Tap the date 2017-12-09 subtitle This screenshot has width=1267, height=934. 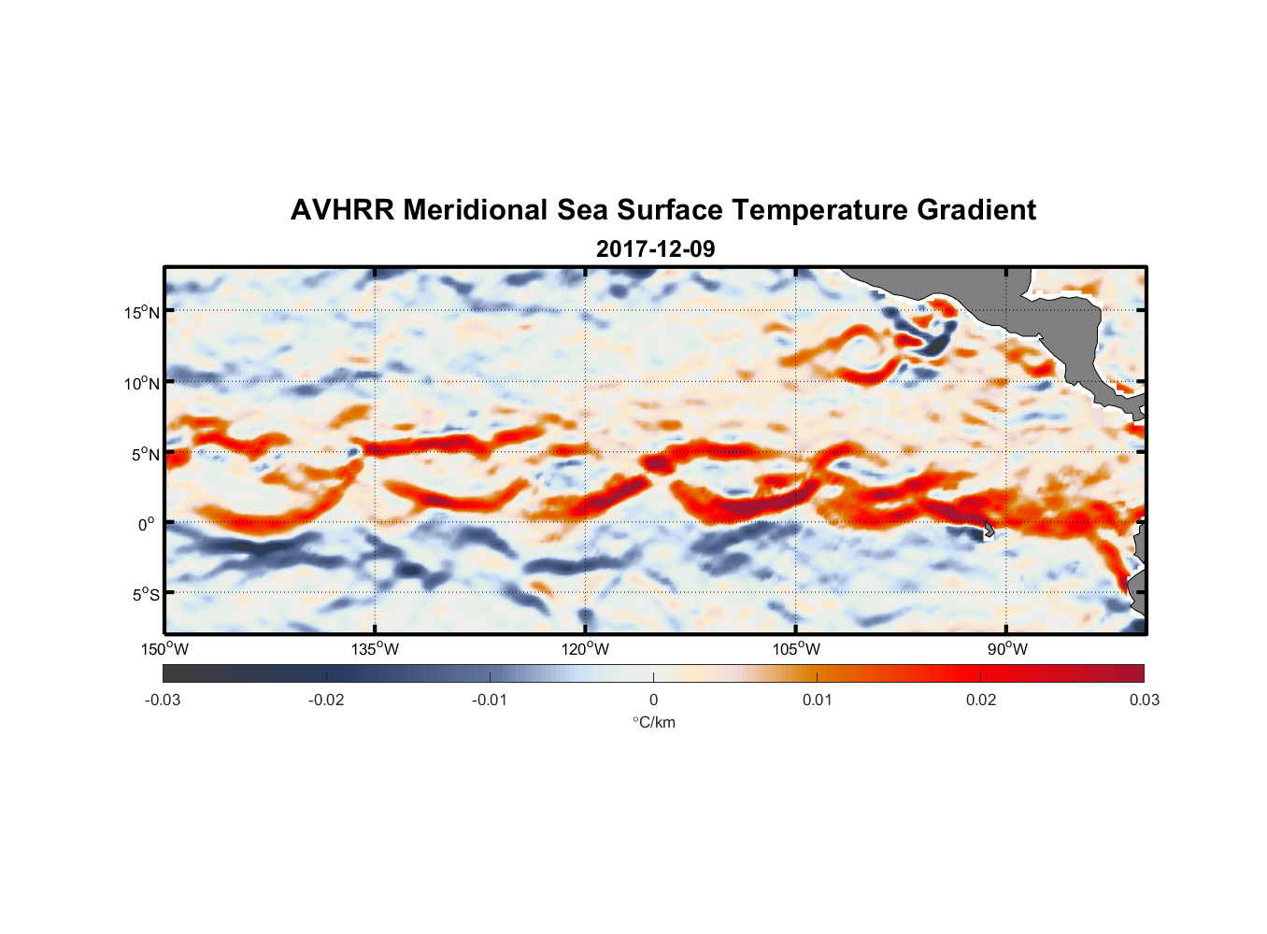(655, 249)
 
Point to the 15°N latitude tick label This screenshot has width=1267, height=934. (141, 312)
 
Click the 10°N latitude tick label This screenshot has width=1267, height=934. (141, 383)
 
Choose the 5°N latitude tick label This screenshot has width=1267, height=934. (145, 454)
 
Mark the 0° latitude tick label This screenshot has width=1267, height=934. (147, 524)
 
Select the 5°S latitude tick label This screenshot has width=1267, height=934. (145, 594)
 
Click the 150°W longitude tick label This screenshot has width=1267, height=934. (164, 649)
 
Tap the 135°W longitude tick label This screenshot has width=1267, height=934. (375, 649)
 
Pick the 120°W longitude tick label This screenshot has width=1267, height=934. (585, 649)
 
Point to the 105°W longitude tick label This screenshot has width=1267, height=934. (796, 649)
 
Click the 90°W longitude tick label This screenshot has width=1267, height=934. (1006, 649)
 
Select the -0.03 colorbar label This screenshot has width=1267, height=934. (163, 700)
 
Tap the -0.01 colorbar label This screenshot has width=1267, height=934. (490, 700)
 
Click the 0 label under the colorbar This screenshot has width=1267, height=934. (653, 700)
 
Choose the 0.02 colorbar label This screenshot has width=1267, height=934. (980, 700)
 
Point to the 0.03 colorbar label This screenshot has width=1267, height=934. (1144, 700)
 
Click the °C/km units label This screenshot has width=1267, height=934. (653, 722)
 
